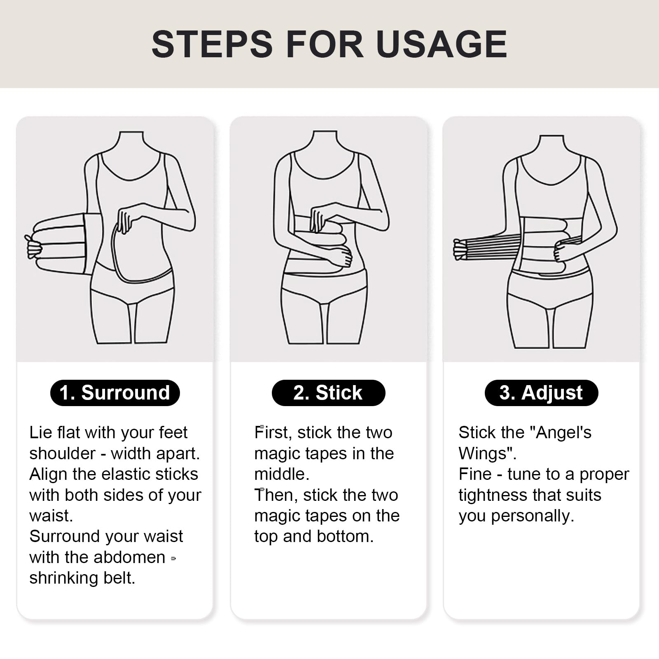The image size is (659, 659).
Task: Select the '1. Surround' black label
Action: [x=115, y=393]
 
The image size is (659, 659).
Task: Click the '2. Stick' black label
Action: [x=328, y=393]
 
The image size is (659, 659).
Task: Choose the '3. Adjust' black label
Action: [x=541, y=393]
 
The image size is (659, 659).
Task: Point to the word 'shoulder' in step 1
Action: [x=63, y=453]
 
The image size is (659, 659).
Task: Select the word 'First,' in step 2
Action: [x=273, y=433]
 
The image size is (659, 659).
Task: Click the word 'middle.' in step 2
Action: [x=282, y=474]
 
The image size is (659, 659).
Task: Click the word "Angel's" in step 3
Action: [x=560, y=432]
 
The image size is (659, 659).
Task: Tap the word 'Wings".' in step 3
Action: [x=488, y=453]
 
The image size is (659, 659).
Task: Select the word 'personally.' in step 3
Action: [x=533, y=516]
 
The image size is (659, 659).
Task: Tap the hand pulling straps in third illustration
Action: [x=460, y=249]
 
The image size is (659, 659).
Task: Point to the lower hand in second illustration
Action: [x=340, y=257]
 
